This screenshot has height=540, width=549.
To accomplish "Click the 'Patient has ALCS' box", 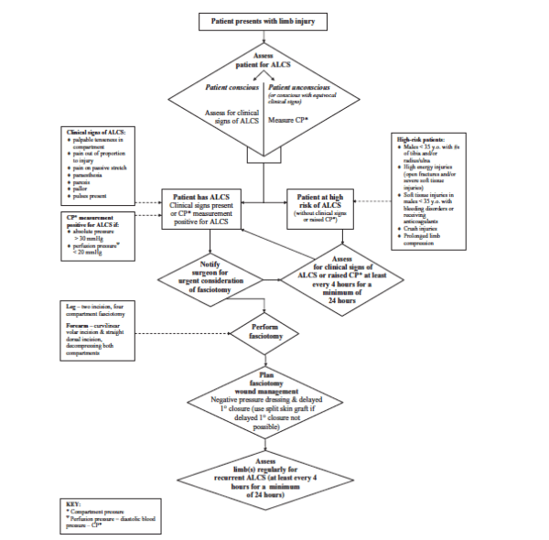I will [x=210, y=207].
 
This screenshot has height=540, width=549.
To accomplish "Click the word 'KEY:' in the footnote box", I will [x=75, y=503].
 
